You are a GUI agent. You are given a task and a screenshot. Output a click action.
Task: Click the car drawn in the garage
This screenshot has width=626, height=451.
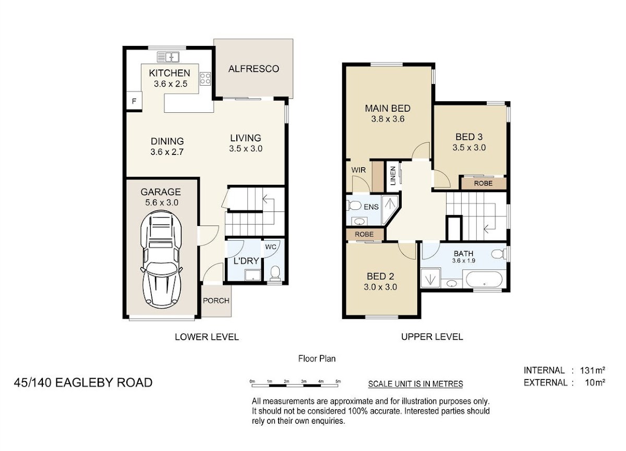(162, 259)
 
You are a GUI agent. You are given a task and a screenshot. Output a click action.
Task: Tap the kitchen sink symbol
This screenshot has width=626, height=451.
(168, 57)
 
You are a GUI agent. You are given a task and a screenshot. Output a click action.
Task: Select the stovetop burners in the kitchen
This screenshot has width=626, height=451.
(205, 78)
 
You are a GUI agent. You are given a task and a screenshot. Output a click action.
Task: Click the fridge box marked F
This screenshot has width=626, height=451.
(134, 101)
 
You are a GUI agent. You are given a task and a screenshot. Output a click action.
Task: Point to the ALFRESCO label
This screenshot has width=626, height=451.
(254, 69)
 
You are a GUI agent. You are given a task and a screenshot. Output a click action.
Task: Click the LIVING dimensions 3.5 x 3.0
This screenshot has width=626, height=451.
(246, 148)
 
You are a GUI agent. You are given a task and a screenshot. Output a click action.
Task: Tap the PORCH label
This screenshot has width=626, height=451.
(216, 301)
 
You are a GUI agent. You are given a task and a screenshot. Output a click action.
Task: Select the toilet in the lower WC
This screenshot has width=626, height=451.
(275, 273)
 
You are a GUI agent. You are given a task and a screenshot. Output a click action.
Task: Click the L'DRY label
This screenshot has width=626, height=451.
(246, 261)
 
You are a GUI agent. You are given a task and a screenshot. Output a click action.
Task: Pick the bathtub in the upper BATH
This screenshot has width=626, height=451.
(484, 279)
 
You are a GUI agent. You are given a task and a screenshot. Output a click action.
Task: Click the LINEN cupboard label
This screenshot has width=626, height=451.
(393, 175)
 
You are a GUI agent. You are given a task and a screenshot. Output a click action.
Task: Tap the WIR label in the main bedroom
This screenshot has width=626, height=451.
(358, 170)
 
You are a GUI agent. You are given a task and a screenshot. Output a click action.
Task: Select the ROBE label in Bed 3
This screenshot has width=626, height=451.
(483, 183)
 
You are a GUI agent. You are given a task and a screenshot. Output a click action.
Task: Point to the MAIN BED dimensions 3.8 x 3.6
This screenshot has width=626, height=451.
(388, 119)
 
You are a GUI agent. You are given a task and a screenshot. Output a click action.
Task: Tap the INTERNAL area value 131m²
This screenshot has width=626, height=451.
(593, 370)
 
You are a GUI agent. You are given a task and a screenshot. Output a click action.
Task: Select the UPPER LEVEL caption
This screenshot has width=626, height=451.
(432, 337)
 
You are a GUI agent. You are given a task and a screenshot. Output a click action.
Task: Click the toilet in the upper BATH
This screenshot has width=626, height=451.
(499, 254)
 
